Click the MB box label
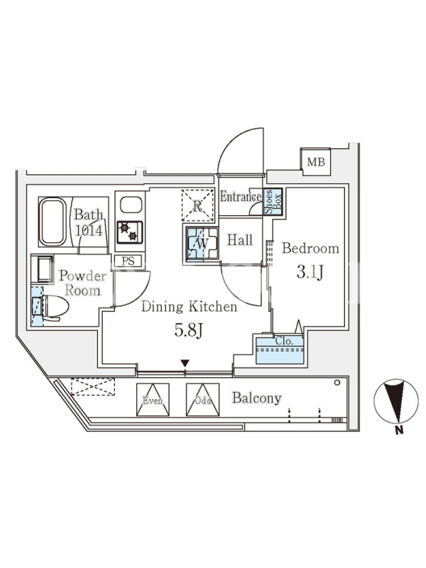[315, 162]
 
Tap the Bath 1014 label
[90, 222]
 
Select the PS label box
[129, 261]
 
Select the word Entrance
[240, 197]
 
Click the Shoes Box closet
[273, 202]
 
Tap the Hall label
[240, 241]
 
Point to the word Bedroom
[310, 248]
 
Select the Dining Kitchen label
[189, 307]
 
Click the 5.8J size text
[187, 330]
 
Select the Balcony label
[257, 398]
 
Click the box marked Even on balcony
[153, 400]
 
